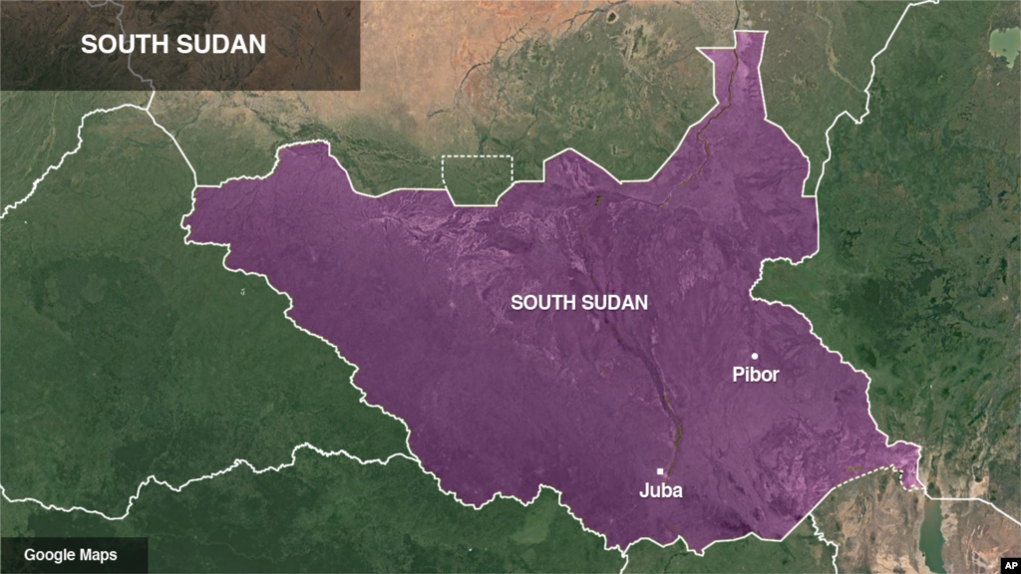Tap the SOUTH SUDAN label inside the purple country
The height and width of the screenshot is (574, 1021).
579,302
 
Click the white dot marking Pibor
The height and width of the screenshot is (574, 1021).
755,356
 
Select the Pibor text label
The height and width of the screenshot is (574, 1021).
755,376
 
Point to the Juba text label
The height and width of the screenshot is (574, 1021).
660,491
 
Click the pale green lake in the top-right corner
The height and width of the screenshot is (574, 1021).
1004,44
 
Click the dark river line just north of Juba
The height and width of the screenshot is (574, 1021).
673,433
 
